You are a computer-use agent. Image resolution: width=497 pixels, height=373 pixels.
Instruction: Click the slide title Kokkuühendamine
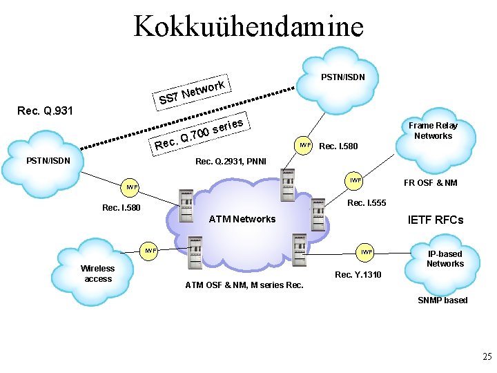[248, 26]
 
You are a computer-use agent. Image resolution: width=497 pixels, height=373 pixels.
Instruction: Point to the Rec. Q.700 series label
[199, 134]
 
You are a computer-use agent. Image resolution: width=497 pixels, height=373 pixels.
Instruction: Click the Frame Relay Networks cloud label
[433, 131]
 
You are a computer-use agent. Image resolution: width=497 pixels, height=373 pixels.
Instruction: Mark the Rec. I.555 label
[366, 202]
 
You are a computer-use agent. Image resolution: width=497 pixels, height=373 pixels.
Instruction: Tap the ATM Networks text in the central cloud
[242, 219]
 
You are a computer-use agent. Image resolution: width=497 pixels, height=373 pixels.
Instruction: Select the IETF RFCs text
[436, 220]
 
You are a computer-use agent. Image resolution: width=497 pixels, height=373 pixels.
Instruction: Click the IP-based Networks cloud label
[445, 258]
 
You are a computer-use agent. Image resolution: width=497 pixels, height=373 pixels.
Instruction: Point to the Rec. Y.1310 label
[358, 275]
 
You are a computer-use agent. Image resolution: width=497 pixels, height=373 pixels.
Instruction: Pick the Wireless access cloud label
[98, 274]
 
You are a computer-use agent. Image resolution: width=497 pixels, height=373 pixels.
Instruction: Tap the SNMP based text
[442, 300]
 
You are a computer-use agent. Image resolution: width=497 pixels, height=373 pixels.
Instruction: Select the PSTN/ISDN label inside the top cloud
[348, 77]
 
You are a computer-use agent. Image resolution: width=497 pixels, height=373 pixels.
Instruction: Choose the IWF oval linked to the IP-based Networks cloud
[366, 253]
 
